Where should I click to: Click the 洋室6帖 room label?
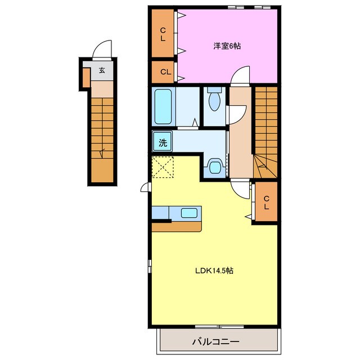pos(227,46)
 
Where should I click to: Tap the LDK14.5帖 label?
pos(214,271)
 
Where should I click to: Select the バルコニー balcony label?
pos(215,342)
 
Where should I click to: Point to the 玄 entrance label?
pos(102,70)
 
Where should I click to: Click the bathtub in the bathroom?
pos(163,106)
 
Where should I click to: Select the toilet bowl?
pos(214,99)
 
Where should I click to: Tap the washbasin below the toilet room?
pos(215,166)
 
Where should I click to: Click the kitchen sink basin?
pos(189,213)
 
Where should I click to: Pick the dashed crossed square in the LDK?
pos(163,167)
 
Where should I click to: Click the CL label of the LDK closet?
pos(266,202)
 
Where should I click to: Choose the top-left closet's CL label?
pos(163,34)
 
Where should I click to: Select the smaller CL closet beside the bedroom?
pos(163,72)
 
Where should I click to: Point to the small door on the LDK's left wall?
pos(146,187)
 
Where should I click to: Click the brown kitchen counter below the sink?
pos(177,227)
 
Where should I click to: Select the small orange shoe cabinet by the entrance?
pos(86,78)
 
